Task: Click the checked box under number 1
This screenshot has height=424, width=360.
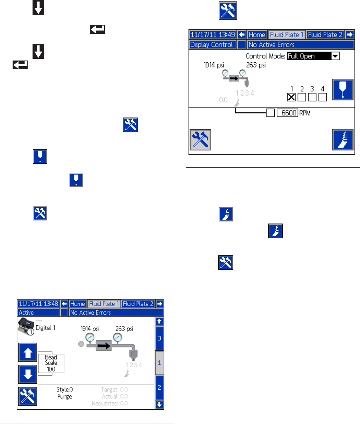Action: tap(291, 97)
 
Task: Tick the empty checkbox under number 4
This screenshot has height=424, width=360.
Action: tap(323, 97)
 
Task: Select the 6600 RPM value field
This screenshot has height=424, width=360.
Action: tap(287, 113)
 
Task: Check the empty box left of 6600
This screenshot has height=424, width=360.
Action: tap(270, 113)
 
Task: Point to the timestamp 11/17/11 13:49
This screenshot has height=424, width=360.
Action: tap(213, 35)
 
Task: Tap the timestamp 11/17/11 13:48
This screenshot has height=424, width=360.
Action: tap(38, 304)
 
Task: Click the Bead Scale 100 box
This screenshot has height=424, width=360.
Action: tap(51, 363)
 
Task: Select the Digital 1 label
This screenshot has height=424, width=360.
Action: tap(45, 328)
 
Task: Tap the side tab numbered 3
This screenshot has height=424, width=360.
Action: tap(160, 338)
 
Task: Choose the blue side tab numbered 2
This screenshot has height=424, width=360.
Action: tap(160, 388)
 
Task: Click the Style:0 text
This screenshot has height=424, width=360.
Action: tap(65, 389)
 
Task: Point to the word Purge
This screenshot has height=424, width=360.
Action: tap(65, 396)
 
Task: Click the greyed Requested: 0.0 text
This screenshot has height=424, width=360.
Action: tap(110, 403)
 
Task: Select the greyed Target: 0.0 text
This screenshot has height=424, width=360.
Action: tap(114, 389)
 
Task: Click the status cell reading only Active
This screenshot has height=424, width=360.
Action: tap(38, 313)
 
